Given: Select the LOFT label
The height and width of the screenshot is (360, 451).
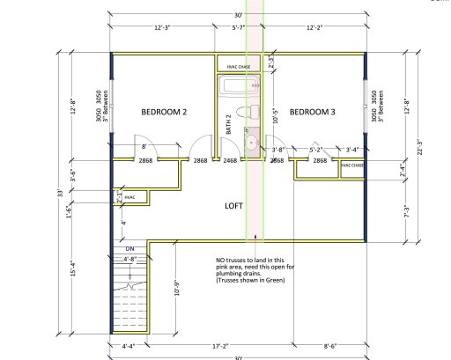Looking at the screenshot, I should (x=234, y=204).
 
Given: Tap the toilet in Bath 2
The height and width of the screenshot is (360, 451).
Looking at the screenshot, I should (x=252, y=111).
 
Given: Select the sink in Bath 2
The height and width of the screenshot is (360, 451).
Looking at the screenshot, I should (x=250, y=142).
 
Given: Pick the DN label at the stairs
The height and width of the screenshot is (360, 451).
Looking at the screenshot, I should (x=129, y=249).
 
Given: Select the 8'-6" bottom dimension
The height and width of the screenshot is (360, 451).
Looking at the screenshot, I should (x=327, y=346).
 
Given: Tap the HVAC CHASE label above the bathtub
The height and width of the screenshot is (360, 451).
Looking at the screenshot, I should (x=239, y=66).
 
